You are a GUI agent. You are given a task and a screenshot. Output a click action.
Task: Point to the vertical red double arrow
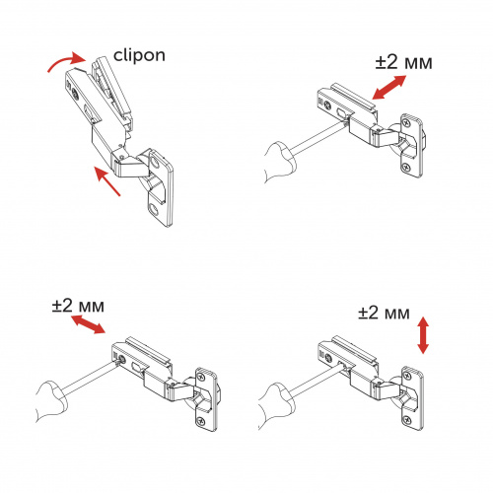[423, 335]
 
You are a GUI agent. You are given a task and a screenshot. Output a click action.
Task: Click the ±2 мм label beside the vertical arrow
[383, 314]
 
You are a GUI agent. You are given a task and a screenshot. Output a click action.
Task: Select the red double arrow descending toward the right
[85, 326]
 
